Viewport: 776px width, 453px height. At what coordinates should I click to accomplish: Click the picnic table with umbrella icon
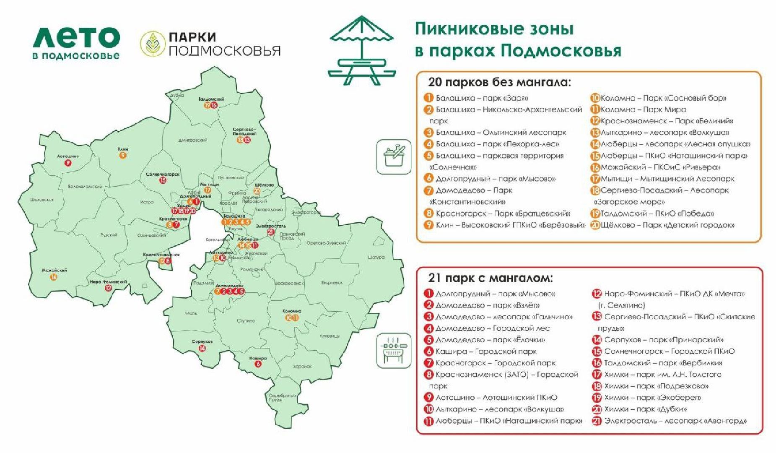click(361, 50)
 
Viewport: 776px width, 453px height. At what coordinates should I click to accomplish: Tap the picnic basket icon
click(394, 156)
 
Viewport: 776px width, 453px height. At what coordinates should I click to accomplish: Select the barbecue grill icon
click(394, 350)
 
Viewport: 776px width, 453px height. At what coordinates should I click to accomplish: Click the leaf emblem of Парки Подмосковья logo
click(152, 44)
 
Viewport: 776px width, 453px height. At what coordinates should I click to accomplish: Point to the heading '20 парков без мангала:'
click(499, 82)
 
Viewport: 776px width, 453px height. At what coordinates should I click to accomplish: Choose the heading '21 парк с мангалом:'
click(491, 278)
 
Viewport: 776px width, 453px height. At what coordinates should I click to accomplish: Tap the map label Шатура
click(376, 257)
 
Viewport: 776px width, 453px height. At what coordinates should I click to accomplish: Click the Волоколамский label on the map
click(85, 187)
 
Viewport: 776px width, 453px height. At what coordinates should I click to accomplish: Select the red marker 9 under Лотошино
click(68, 163)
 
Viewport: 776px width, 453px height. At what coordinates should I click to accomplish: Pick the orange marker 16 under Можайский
click(54, 277)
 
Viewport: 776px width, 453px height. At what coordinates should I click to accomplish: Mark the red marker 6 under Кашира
click(258, 364)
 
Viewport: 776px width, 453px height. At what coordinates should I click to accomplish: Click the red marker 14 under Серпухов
click(202, 348)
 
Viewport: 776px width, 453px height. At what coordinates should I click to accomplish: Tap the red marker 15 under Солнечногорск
click(163, 180)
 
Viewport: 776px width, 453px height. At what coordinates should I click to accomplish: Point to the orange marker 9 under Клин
click(123, 155)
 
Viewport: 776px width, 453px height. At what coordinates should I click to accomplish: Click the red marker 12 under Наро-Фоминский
click(108, 288)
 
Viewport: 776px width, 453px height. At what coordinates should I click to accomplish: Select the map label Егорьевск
click(332, 283)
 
